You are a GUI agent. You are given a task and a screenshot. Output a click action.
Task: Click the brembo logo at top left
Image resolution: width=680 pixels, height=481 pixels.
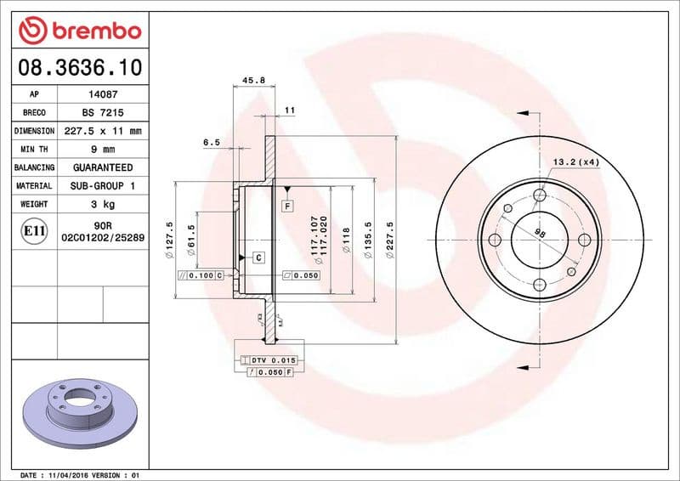click(x=78, y=31)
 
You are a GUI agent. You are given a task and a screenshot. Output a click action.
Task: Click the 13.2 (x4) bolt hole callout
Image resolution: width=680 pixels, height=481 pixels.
click(x=576, y=161)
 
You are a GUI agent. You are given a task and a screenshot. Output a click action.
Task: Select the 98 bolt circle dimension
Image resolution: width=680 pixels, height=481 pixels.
click(x=539, y=233)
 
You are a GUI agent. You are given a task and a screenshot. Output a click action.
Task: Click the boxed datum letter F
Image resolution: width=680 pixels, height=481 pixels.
click(x=288, y=206)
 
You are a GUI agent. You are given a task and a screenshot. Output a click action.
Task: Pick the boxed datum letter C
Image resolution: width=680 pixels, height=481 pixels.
click(x=258, y=257)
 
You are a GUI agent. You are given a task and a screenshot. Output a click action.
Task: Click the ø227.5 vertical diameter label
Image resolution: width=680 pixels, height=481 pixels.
click(x=390, y=240)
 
